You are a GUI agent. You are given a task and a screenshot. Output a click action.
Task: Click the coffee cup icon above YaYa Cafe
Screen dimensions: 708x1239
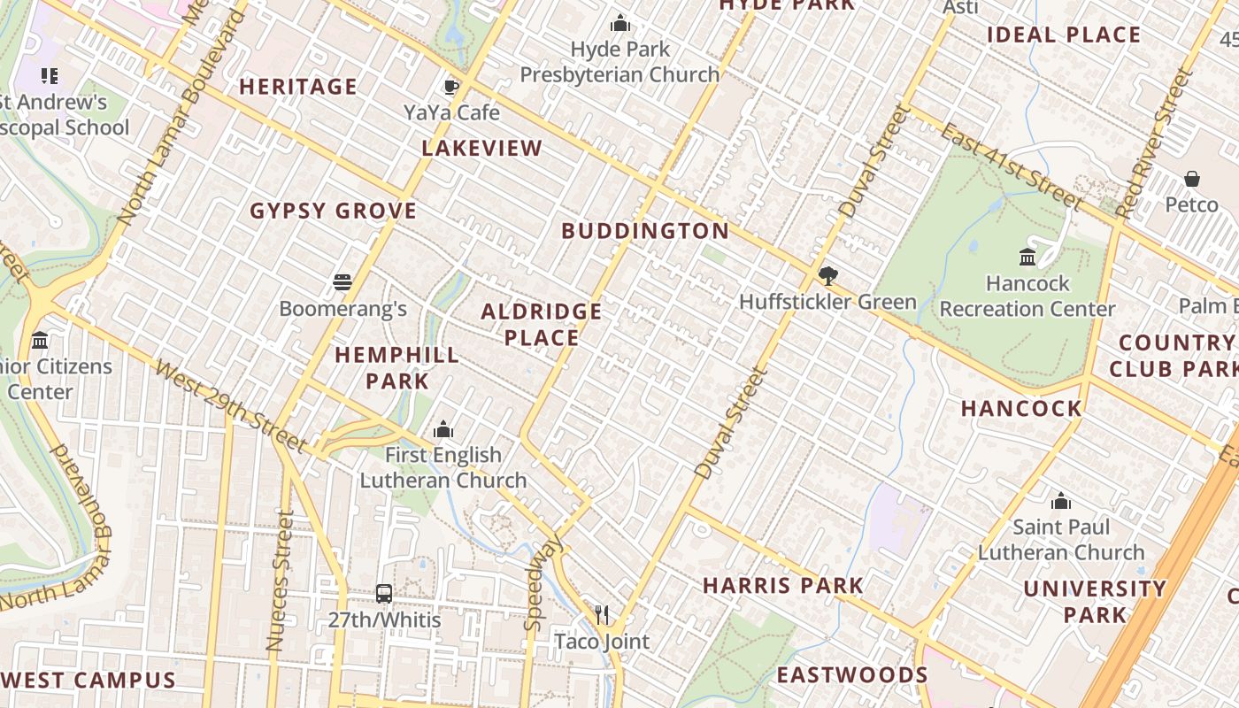(450, 87)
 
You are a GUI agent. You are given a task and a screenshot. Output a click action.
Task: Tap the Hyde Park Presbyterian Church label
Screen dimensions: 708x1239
(619, 62)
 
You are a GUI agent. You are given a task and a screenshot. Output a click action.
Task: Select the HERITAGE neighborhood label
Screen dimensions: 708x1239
(298, 87)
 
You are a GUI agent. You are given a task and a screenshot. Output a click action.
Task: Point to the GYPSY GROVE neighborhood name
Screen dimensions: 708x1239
(333, 212)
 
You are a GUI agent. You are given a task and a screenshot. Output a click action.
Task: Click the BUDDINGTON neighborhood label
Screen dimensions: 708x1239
(645, 232)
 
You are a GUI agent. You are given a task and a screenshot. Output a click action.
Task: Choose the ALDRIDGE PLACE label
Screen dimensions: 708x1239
(541, 325)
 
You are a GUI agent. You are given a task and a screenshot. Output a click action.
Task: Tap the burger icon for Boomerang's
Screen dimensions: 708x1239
(342, 283)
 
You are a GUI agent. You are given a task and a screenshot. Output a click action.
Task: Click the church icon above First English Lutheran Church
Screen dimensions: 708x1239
(443, 430)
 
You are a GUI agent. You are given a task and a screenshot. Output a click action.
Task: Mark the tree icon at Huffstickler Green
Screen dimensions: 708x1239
(827, 276)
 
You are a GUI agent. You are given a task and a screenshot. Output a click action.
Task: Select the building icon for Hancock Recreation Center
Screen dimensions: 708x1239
(1027, 258)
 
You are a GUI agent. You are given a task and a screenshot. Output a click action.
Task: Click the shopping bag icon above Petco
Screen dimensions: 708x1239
(1192, 179)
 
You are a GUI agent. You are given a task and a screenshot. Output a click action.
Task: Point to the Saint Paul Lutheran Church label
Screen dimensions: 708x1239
(1061, 540)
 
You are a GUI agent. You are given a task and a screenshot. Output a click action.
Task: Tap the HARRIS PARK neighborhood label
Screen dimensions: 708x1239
(783, 586)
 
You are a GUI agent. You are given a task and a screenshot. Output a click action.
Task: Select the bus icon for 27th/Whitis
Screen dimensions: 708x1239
(383, 594)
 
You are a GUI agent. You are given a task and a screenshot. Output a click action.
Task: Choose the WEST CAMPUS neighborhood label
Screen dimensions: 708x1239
(88, 681)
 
